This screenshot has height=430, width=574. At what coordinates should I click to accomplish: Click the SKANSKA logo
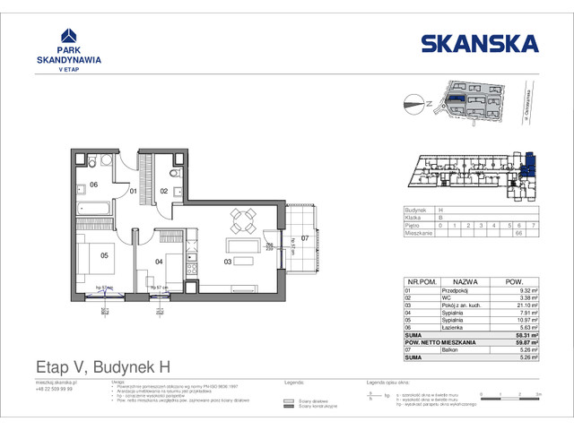[x=479, y=43]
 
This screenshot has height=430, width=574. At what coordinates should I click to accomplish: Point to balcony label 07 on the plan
[x=304, y=238]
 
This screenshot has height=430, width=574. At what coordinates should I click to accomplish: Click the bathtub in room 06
[x=92, y=210]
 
